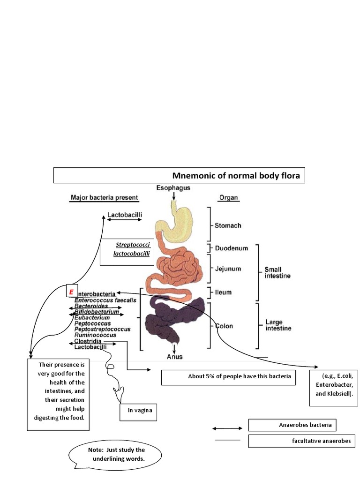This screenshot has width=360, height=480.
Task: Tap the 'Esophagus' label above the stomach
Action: point(174,188)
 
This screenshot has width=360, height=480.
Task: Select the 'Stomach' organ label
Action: point(228,225)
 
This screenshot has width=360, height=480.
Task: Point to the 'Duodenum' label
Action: point(231,247)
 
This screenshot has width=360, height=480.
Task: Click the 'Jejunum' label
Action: point(228,269)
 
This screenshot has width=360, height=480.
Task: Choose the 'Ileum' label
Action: point(223,292)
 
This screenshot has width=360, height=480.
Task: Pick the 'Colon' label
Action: point(224,326)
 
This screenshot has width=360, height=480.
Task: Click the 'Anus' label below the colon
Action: point(175,356)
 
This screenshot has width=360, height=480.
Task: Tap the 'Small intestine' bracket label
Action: point(277,272)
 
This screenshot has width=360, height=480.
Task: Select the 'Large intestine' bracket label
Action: point(278,325)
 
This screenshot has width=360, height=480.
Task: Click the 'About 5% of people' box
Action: point(228,377)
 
